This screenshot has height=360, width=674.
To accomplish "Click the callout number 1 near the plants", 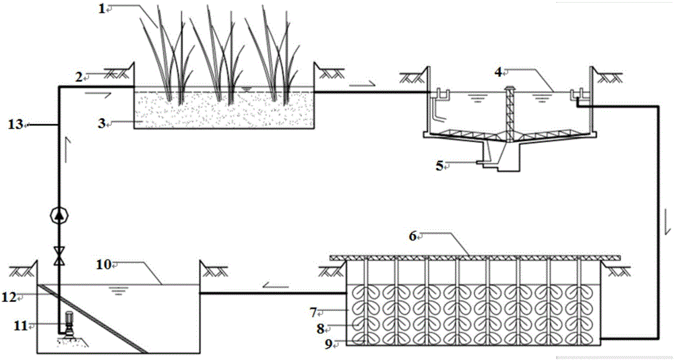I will click(103, 9).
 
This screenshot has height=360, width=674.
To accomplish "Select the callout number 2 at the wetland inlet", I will click(79, 78).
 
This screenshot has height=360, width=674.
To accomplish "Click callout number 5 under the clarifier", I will click(439, 164).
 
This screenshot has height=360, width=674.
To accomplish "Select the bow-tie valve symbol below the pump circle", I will click(59, 254).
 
